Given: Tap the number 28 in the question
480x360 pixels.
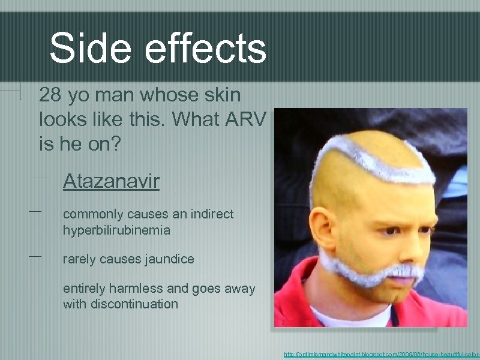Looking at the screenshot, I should point(50,95).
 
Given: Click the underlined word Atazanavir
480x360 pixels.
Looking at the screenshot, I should point(111,181).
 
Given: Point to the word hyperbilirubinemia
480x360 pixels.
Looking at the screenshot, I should point(116,230).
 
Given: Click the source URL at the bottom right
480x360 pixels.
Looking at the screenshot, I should point(382,355).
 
